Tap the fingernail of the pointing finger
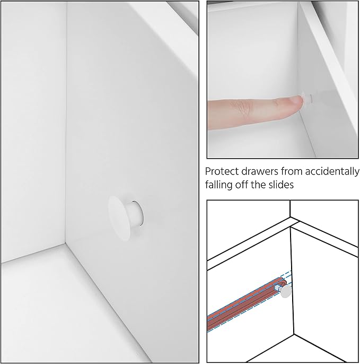click(296, 100)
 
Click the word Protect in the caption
click(222, 171)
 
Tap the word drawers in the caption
click(260, 171)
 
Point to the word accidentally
click(332, 172)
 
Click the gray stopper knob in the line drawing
click(286, 291)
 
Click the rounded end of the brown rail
click(284, 281)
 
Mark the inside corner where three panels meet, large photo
click(65, 243)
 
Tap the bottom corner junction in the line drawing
click(294, 334)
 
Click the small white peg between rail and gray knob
click(278, 288)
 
